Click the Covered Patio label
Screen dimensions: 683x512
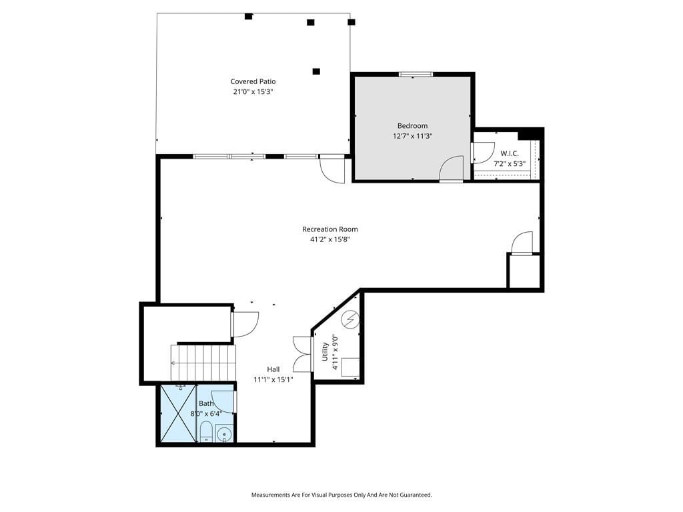click(x=253, y=81)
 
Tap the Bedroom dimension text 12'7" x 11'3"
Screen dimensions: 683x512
click(x=412, y=136)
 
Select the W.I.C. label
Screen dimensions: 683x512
click(x=509, y=154)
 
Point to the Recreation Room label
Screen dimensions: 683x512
click(x=329, y=229)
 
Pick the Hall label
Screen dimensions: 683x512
click(x=273, y=369)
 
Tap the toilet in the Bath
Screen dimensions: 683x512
click(x=205, y=432)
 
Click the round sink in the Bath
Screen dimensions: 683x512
click(x=225, y=435)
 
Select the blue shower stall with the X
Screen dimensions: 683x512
click(x=178, y=413)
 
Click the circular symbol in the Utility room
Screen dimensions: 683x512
click(x=350, y=320)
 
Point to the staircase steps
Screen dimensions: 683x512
click(x=203, y=363)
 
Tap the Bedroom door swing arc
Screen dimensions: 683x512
click(x=452, y=168)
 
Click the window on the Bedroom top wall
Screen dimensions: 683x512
click(x=416, y=75)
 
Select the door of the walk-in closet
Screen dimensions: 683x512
click(x=483, y=153)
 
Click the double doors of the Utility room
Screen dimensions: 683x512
click(x=303, y=355)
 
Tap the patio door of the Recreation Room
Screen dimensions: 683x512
click(x=332, y=169)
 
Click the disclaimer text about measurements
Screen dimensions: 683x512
click(x=341, y=495)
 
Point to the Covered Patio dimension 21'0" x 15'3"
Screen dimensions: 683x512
click(x=253, y=92)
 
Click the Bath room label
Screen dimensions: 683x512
click(x=206, y=403)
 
